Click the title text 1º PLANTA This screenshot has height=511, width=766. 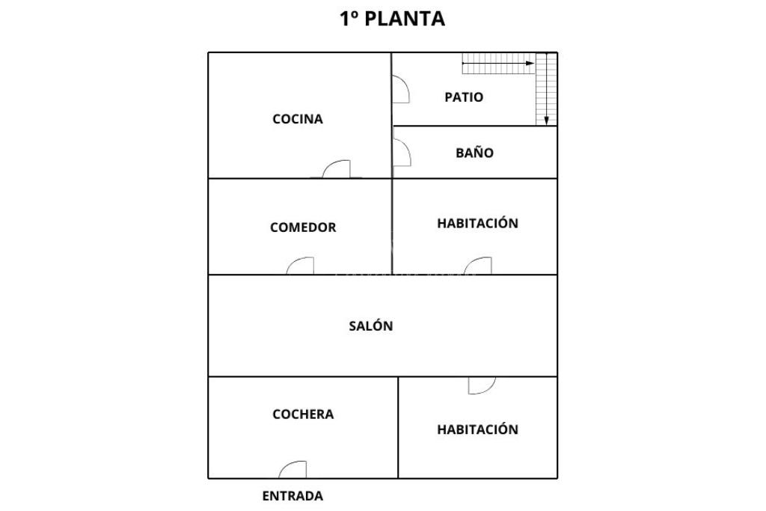pyautogui.click(x=392, y=19)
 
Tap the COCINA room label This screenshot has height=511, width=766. pyautogui.click(x=298, y=119)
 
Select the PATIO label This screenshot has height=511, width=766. pyautogui.click(x=464, y=97)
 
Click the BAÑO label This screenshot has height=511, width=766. pyautogui.click(x=474, y=153)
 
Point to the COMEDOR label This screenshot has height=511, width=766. pyautogui.click(x=303, y=227)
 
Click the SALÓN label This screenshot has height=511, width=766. pyautogui.click(x=371, y=326)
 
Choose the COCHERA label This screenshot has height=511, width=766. pyautogui.click(x=303, y=414)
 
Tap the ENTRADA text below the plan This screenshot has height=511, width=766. pyautogui.click(x=292, y=495)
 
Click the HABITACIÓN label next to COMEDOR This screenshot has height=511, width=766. pyautogui.click(x=477, y=223)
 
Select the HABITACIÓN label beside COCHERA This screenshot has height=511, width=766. pyautogui.click(x=477, y=429)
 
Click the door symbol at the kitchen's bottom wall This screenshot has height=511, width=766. pyautogui.click(x=337, y=170)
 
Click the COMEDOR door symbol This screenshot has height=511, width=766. pyautogui.click(x=301, y=266)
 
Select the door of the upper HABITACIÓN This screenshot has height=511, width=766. pyautogui.click(x=479, y=266)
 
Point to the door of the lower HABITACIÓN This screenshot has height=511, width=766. pyautogui.click(x=481, y=385)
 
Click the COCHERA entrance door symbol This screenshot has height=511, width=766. pyautogui.click(x=293, y=470)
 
